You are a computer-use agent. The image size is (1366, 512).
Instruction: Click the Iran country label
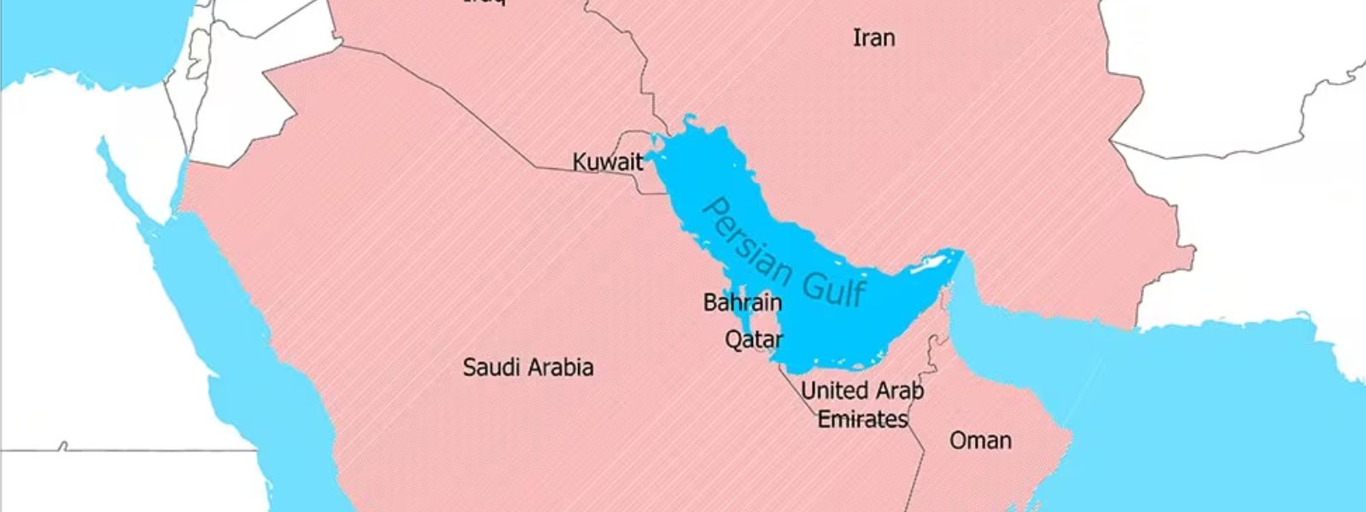(x=874, y=38)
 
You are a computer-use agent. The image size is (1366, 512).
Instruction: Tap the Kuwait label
(x=607, y=162)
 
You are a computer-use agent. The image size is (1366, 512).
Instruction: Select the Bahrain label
(x=742, y=302)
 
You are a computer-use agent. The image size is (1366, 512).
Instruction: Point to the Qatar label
(x=753, y=340)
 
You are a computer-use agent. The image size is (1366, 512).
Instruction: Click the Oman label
(x=980, y=440)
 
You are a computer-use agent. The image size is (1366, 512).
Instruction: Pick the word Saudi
(x=493, y=368)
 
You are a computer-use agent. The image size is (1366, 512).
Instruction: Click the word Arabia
(x=560, y=368)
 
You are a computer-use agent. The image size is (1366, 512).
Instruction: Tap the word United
(x=832, y=391)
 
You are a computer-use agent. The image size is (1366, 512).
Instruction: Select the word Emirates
(x=862, y=419)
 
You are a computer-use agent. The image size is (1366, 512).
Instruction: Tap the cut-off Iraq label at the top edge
(x=484, y=3)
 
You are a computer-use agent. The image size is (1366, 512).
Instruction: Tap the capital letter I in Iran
(x=856, y=38)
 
